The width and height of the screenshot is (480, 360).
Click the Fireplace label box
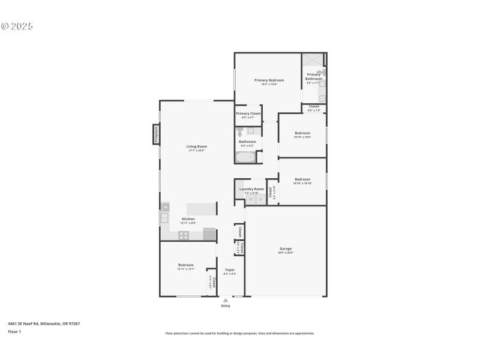(156, 134)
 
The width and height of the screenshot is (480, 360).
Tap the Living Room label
(196, 146)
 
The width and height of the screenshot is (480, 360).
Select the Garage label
(286, 248)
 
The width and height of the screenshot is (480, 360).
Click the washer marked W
(251, 199)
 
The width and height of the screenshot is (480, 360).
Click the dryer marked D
(260, 199)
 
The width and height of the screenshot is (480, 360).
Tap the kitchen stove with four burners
(183, 236)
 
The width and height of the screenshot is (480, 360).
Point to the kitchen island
(202, 208)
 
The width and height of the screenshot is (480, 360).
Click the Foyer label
(230, 270)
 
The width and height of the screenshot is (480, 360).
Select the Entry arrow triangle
(226, 300)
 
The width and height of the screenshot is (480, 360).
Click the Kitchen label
(188, 219)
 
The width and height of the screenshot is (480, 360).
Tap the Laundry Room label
(251, 189)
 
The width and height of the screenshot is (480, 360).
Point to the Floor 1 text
(14, 331)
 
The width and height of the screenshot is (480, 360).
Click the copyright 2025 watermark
(17, 26)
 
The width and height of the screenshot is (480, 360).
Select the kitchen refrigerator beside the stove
(209, 235)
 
